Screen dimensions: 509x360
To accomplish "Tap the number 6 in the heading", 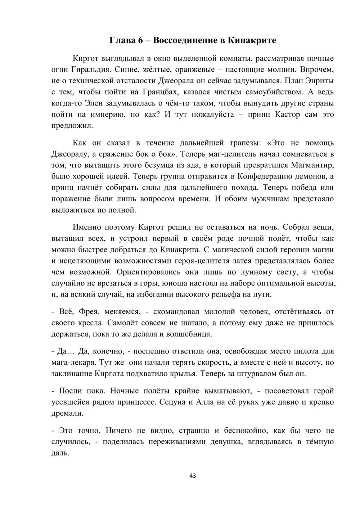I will [x=140, y=40].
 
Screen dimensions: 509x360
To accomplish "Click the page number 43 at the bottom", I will [x=193, y=476].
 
